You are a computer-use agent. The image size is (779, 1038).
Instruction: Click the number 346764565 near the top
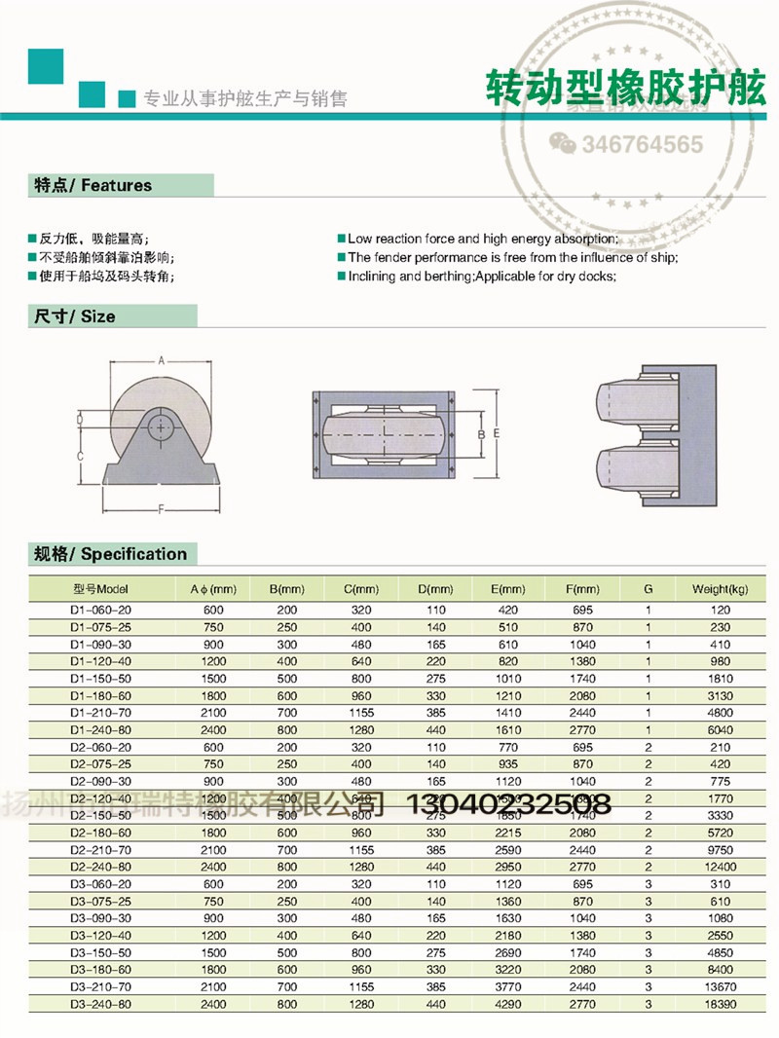642,145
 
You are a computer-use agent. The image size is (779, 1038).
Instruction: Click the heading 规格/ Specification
110,554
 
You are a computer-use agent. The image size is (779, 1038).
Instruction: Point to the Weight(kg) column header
719,589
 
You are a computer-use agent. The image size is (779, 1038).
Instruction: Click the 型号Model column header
100,589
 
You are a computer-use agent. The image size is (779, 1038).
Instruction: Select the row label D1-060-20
100,609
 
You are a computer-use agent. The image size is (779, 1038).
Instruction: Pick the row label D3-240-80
100,1003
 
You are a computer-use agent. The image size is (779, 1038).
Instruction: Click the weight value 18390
719,1003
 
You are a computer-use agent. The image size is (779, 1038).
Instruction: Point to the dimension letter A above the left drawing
161,360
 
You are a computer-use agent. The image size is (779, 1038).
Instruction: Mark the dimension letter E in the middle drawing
497,431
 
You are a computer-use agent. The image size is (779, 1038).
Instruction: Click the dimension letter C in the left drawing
81,456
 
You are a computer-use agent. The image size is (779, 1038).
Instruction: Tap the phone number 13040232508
506,803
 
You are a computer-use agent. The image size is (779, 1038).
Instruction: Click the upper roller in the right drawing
628,397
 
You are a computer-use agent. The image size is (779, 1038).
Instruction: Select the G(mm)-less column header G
648,589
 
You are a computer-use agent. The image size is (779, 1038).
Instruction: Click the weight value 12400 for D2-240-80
719,865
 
